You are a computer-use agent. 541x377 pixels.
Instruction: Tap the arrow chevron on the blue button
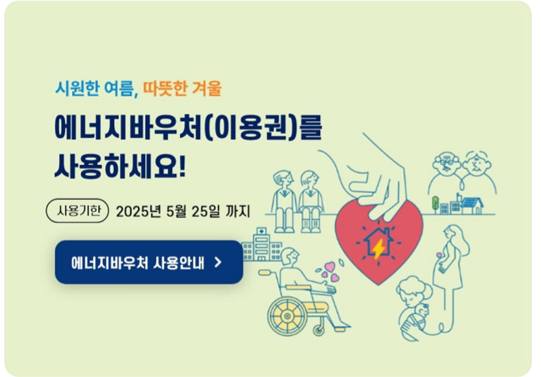coord(217,262)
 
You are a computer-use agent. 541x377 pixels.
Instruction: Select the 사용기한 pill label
coord(78,211)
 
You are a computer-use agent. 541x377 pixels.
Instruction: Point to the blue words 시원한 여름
coord(94,88)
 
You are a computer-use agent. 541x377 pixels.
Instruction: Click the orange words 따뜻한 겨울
coord(182,88)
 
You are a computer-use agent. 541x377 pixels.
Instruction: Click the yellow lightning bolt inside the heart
coord(379,248)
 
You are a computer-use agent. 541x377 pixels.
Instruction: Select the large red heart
coord(379,241)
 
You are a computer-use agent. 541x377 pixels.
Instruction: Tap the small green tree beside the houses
coord(435,203)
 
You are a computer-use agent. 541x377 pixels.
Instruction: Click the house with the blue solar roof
coord(471,204)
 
